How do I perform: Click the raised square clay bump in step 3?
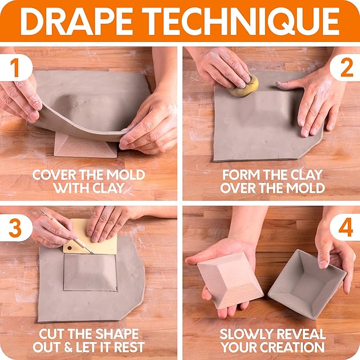pos(90,272)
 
